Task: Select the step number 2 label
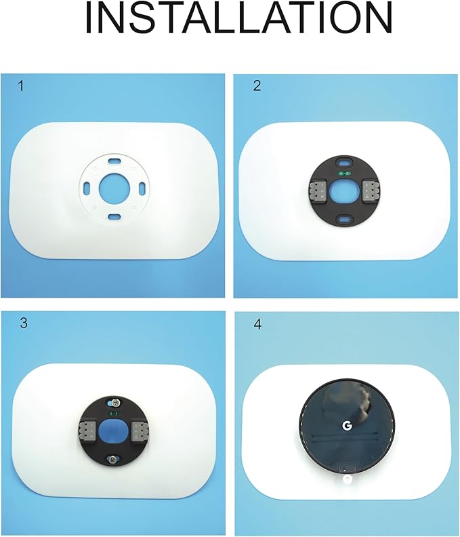coord(256,86)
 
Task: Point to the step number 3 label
coord(24,323)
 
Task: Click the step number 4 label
coord(257,324)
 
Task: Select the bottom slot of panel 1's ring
coord(114,216)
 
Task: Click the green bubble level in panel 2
coord(345,174)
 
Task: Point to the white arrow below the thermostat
coord(348,479)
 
